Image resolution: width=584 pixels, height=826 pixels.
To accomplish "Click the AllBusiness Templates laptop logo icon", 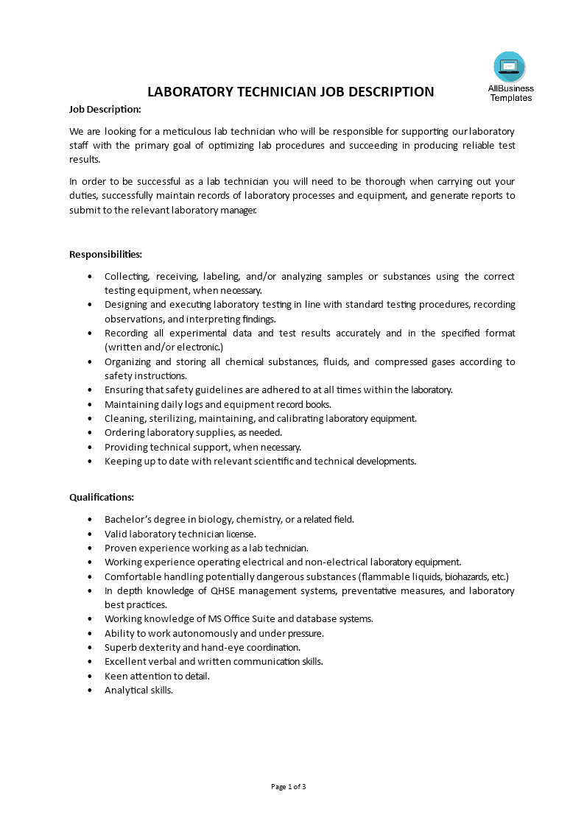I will pyautogui.click(x=510, y=68).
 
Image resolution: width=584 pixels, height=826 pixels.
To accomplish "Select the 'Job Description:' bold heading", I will pyautogui.click(x=105, y=109).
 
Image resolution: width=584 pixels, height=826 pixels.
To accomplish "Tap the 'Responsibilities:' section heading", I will pyautogui.click(x=105, y=254).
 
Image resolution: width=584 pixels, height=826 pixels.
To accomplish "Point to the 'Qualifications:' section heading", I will pyautogui.click(x=102, y=498).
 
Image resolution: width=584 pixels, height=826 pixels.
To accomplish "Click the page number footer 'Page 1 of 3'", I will pyautogui.click(x=289, y=786).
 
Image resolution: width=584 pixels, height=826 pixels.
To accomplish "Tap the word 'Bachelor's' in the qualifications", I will pyautogui.click(x=128, y=519).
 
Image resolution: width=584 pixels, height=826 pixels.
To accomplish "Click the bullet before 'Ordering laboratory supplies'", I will pyautogui.click(x=90, y=433).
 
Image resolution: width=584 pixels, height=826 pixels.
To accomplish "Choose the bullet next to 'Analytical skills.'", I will pyautogui.click(x=90, y=691).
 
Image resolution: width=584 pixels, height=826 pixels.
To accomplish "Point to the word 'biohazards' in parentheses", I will pyautogui.click(x=467, y=576).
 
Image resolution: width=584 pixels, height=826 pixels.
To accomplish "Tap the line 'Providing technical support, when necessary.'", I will pyautogui.click(x=203, y=447).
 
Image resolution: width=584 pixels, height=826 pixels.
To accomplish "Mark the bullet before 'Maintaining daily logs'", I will pyautogui.click(x=90, y=404).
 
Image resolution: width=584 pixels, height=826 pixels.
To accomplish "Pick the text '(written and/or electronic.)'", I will pyautogui.click(x=163, y=347).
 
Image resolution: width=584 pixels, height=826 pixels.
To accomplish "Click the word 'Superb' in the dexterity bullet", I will pyautogui.click(x=119, y=647).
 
